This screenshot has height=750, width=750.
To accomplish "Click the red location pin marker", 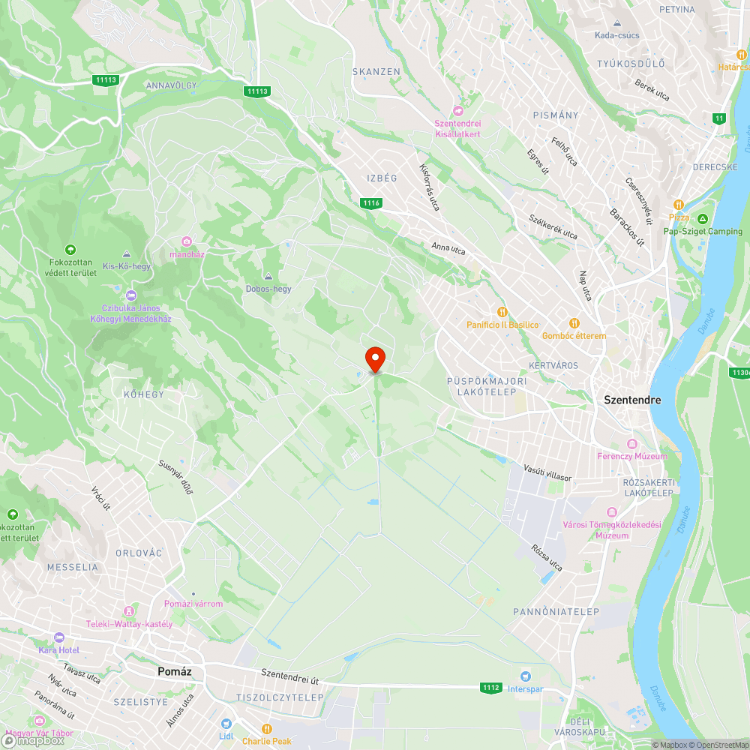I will coord(374,358).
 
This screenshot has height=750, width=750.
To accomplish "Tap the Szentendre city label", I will coord(632,400).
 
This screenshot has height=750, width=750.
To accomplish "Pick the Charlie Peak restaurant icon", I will coord(266,728).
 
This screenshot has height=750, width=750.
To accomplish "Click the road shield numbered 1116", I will coord(371,203).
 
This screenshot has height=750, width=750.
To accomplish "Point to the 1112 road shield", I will coord(491,687).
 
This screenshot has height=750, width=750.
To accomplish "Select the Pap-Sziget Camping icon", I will coord(702,219).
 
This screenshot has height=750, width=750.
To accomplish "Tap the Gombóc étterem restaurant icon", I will coord(574,322).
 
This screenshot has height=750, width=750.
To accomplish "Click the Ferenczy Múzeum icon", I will coord(631,444).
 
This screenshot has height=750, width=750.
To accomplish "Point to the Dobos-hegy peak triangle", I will coord(268,276).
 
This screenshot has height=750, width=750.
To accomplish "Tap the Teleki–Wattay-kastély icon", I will coord(130,611).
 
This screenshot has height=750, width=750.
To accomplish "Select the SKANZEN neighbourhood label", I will coord(376,71).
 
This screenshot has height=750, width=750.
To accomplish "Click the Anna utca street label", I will coord(448,247).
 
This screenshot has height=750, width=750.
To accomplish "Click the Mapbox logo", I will coord(34,739).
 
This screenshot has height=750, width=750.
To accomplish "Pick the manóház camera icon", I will coord(187,241).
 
